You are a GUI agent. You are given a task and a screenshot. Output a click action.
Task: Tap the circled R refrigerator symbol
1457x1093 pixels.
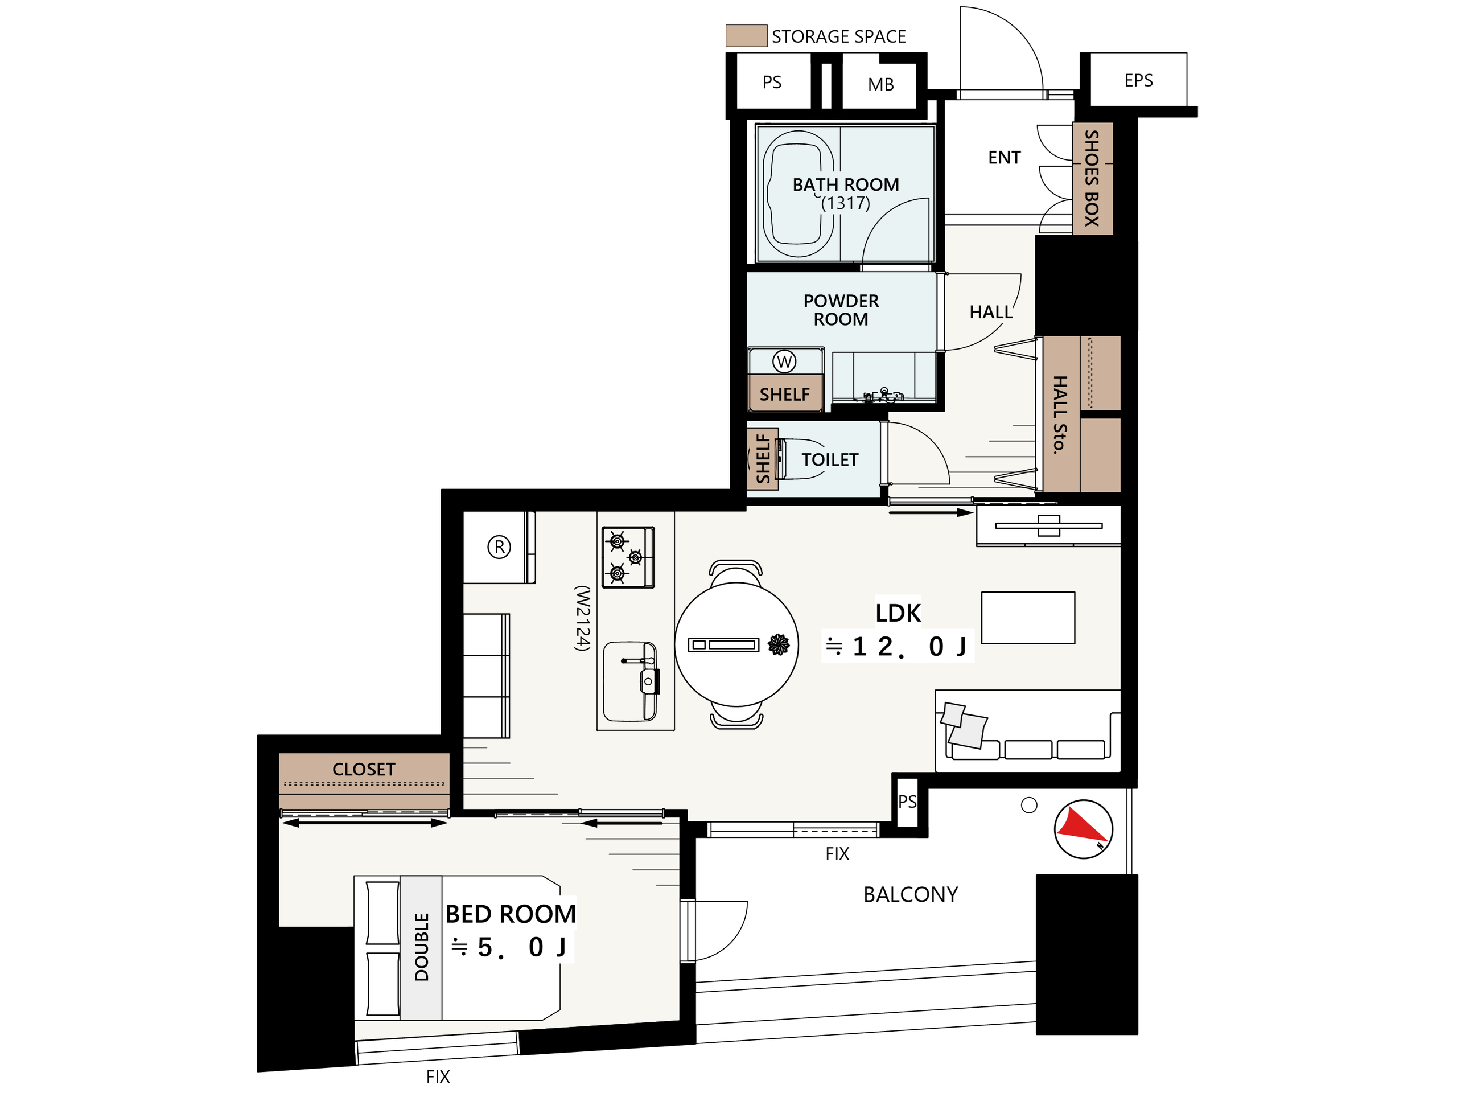pyautogui.click(x=499, y=547)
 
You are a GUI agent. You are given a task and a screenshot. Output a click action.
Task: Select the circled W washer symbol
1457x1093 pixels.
pyautogui.click(x=784, y=361)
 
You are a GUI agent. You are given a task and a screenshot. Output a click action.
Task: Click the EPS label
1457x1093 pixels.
pyautogui.click(x=1138, y=80)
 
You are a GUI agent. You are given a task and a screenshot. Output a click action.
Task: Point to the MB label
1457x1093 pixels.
pyautogui.click(x=880, y=84)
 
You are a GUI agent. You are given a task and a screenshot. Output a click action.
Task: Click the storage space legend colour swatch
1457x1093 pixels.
pyautogui.click(x=746, y=35)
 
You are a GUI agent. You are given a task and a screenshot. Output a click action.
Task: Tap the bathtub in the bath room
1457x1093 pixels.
pyautogui.click(x=799, y=194)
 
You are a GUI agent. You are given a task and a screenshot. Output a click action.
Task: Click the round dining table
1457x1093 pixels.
pyautogui.click(x=736, y=644)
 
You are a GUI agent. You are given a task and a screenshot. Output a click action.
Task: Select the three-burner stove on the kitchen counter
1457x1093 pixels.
pyautogui.click(x=628, y=557)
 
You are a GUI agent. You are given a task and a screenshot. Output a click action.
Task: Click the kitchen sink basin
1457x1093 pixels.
pyautogui.click(x=631, y=681)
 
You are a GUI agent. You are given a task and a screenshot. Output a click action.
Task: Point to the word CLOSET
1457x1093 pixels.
pyautogui.click(x=364, y=769)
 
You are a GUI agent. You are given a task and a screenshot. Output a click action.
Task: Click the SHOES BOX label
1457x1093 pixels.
pyautogui.click(x=1092, y=178)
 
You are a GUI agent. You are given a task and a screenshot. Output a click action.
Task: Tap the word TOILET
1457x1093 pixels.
pyautogui.click(x=830, y=459)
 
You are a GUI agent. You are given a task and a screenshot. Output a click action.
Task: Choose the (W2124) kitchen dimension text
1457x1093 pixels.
pyautogui.click(x=582, y=618)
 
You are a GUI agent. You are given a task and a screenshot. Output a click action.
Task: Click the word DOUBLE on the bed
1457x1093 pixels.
pyautogui.click(x=422, y=947)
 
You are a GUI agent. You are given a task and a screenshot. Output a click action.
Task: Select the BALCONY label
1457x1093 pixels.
pyautogui.click(x=911, y=894)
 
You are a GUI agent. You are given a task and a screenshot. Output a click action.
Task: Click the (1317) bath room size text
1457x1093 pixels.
pyautogui.click(x=846, y=203)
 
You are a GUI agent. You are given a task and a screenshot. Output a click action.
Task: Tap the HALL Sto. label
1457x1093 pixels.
pyautogui.click(x=1059, y=415)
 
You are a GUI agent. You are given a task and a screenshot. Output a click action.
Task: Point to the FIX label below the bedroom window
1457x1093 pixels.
pyautogui.click(x=438, y=1076)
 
